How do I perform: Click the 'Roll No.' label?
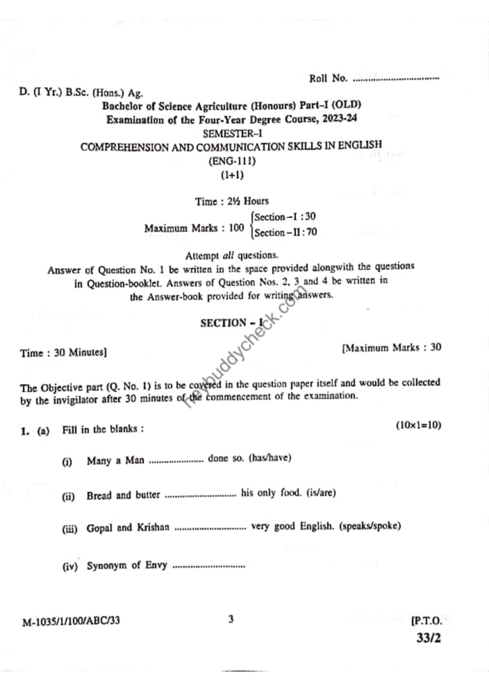click(328, 78)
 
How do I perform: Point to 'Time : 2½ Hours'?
click(232, 201)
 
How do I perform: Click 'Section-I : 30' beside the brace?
click(285, 217)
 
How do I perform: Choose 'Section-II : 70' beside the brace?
click(286, 233)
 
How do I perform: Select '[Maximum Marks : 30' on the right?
click(392, 348)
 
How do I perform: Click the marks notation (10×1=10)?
click(419, 425)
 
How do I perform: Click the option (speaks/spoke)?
click(371, 526)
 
